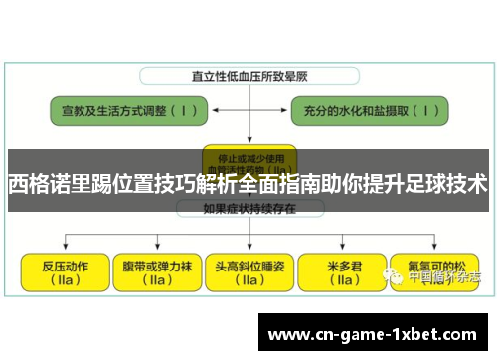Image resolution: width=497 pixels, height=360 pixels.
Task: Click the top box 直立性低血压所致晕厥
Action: tap(248, 76)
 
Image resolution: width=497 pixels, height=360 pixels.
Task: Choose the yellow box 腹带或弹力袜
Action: tap(156, 270)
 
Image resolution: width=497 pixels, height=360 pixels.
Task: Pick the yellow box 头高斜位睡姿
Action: tap(249, 270)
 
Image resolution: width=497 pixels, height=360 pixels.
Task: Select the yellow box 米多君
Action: tap(345, 270)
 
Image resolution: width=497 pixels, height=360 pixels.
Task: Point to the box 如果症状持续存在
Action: tap(248, 210)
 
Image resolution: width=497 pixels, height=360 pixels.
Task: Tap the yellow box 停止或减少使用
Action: tap(248, 155)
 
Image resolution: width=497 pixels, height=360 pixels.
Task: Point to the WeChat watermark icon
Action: tap(396, 278)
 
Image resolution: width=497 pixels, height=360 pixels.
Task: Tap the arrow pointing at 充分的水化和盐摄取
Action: tap(309, 109)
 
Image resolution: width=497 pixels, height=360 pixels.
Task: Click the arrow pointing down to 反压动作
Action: tap(65, 243)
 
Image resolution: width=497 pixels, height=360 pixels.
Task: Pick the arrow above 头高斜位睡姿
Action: tap(248, 239)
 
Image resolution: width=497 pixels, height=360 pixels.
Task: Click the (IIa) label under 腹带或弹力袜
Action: tap(156, 281)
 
